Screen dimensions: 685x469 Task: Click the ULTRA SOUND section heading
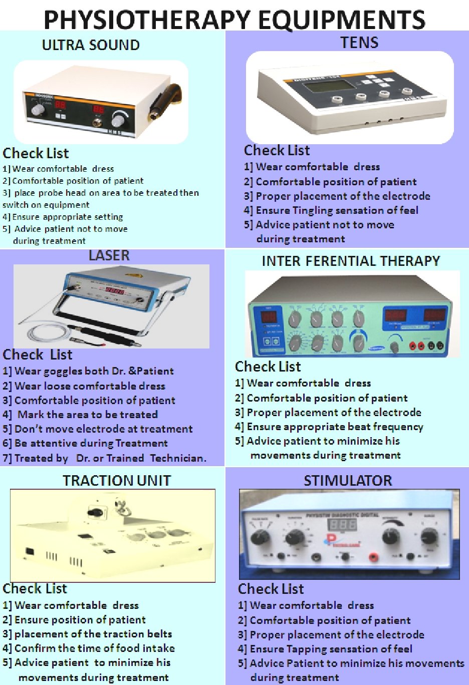91,45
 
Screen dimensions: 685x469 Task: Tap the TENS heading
359,43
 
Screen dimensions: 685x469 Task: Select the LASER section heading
109,255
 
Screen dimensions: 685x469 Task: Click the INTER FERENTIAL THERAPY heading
351,261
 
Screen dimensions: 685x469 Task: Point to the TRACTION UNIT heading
117,481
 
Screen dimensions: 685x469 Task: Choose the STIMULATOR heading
348,481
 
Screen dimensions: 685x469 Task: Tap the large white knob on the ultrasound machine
118,119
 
